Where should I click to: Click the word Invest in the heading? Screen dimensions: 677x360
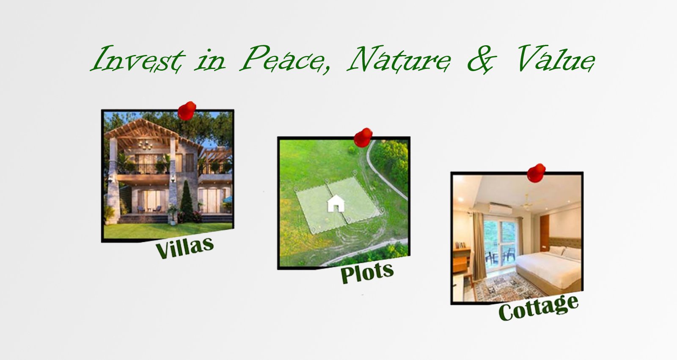point(138,58)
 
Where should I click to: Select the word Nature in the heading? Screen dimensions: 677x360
point(399,59)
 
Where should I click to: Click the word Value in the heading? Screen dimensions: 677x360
point(556,58)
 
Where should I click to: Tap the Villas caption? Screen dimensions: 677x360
point(184,247)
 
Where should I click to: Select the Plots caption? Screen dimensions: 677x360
point(367,272)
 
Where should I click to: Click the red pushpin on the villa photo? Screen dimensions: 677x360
point(187,111)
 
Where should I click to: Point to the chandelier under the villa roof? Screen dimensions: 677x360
point(146,145)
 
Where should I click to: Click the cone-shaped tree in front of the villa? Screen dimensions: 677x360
point(187,200)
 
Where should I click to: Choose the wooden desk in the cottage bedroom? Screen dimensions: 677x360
point(462,259)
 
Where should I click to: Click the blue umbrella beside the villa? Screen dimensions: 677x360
point(228,200)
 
